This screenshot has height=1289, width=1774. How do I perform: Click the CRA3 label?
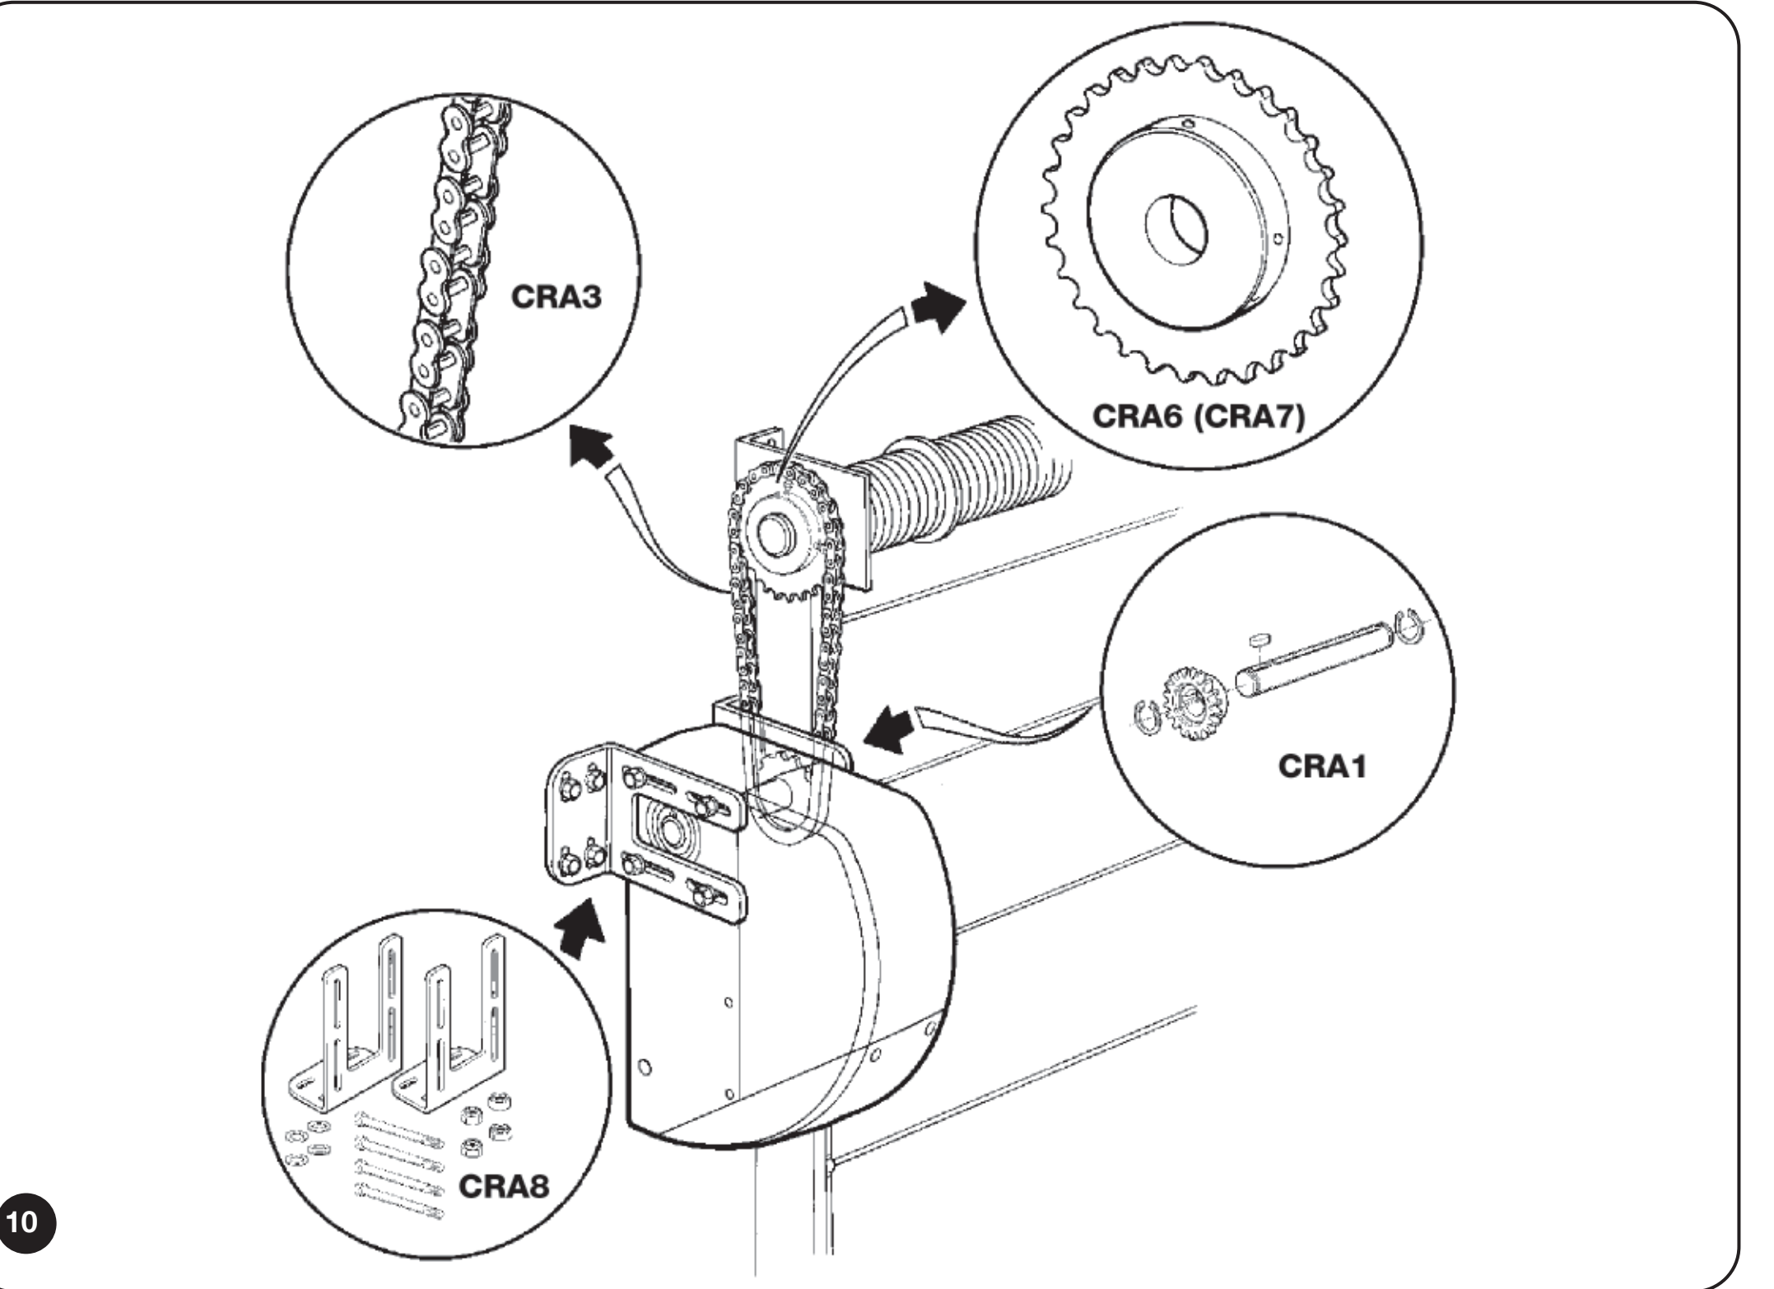(x=557, y=298)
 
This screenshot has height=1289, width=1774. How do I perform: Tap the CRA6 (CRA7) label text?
(x=1199, y=417)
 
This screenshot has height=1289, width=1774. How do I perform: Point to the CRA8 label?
(x=505, y=1188)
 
